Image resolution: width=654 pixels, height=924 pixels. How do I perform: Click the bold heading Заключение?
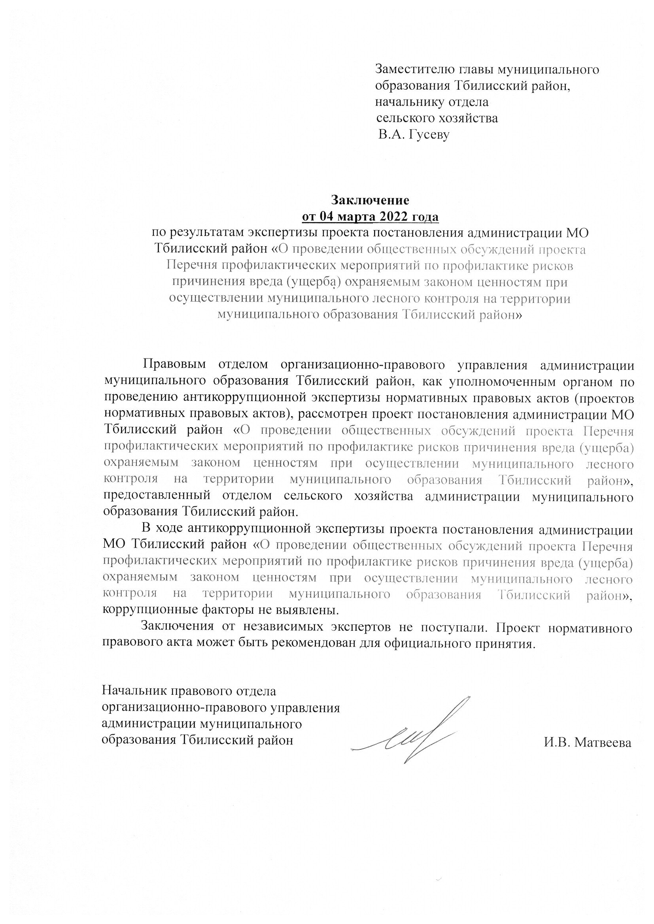click(370, 200)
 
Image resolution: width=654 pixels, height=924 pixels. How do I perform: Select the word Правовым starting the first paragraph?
click(174, 364)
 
